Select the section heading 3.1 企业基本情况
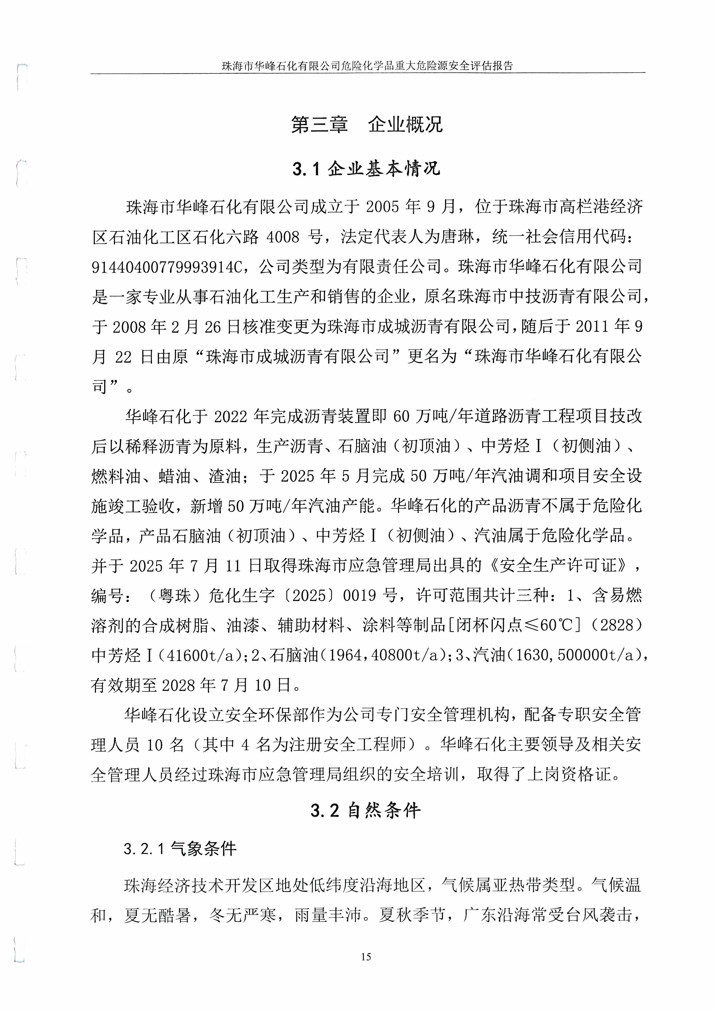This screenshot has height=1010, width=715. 366,169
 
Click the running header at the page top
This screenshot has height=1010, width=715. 367,66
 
